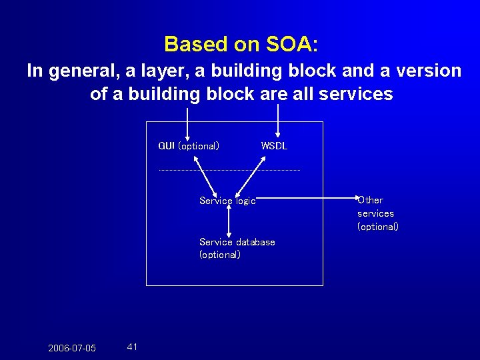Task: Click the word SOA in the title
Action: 289,44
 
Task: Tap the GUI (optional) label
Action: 189,146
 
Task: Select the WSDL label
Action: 274,146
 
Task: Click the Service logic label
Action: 227,201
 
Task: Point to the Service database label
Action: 237,242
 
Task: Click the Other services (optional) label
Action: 377,213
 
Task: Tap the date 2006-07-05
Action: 72,348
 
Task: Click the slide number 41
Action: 132,347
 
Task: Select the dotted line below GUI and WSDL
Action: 229,170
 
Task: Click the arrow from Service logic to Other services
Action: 307,198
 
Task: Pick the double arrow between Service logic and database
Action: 229,220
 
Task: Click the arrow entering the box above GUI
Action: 187,123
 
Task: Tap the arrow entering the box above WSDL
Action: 278,123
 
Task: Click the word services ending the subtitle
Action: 357,94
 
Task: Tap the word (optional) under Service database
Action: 220,255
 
